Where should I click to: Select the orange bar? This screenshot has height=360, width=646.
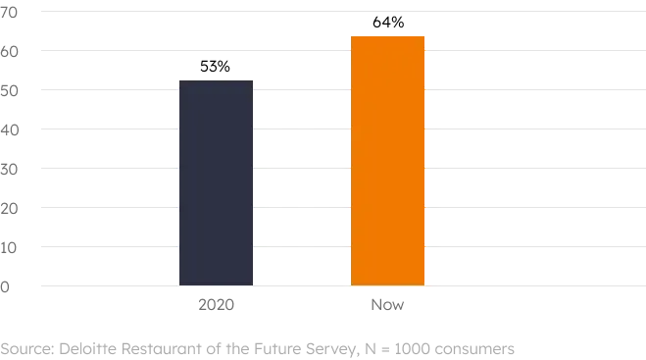pos(387,161)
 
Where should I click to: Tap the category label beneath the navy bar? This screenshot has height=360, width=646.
pos(216,306)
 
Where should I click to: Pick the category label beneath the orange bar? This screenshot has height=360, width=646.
pos(387,306)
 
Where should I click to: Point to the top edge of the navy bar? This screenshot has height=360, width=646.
pos(216,80)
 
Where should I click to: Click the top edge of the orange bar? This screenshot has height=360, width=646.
pos(387,34)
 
